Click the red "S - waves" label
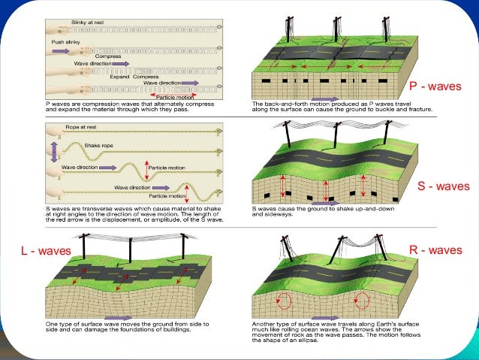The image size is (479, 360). [x=441, y=186]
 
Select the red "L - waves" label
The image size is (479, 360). [x=45, y=250]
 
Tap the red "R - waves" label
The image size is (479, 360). [x=435, y=250]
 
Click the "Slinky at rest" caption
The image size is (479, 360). [x=89, y=24]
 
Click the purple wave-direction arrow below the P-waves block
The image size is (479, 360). [x=325, y=98]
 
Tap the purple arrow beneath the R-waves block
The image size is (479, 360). [x=324, y=319]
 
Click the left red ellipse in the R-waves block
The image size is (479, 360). [x=284, y=301]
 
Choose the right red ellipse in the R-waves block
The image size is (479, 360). [x=361, y=301]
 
